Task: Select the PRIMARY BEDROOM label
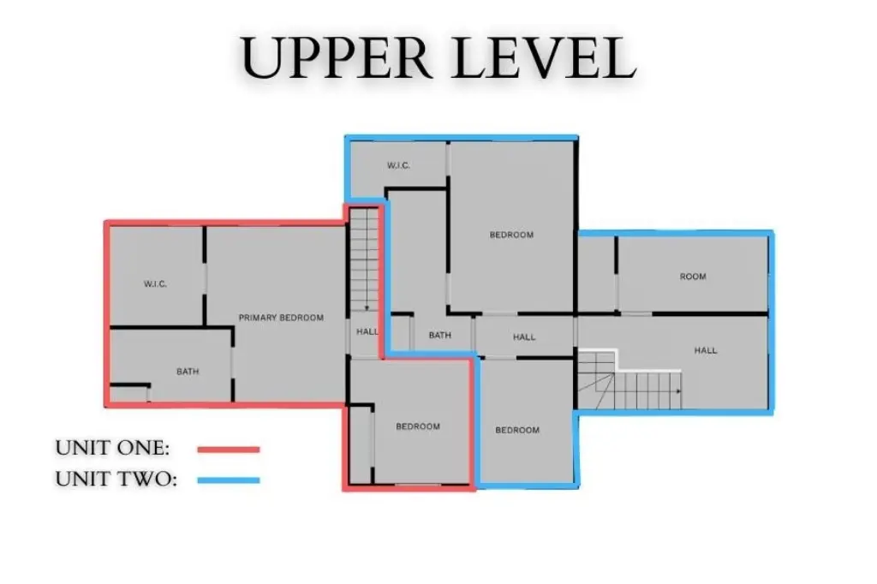click(x=281, y=318)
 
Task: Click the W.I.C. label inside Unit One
click(x=156, y=284)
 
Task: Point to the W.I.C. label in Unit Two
click(x=398, y=165)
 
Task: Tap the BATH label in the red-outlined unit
click(x=188, y=372)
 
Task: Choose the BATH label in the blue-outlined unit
click(x=439, y=335)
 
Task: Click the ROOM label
click(x=692, y=277)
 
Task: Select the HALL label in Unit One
click(x=367, y=331)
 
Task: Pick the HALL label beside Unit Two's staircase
click(x=706, y=350)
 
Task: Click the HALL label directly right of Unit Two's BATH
click(x=524, y=337)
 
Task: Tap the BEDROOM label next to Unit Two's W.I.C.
click(x=511, y=235)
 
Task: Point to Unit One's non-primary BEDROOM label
click(x=418, y=426)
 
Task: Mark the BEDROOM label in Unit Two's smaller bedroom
click(x=517, y=430)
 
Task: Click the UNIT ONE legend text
click(x=112, y=448)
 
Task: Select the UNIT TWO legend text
click(x=116, y=479)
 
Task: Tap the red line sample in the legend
click(x=229, y=450)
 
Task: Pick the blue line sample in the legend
click(x=229, y=480)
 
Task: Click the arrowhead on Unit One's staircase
click(x=367, y=307)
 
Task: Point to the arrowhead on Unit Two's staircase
click(x=678, y=391)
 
